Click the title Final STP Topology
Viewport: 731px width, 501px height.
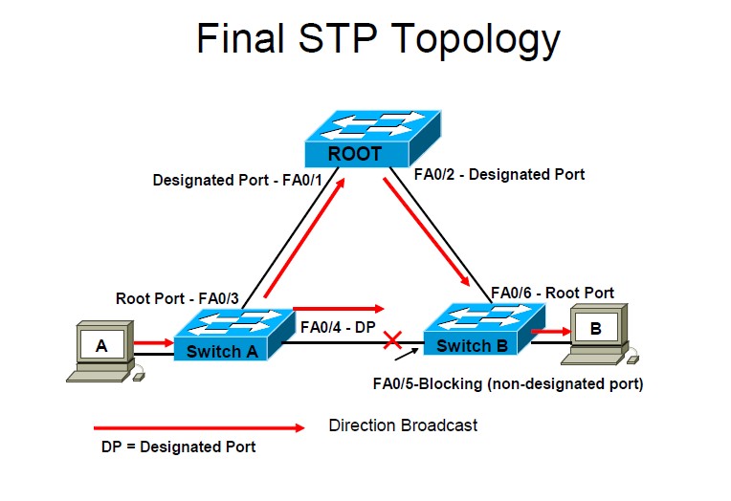click(378, 39)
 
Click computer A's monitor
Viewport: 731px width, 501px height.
click(101, 345)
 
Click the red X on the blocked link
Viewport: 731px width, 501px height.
click(390, 339)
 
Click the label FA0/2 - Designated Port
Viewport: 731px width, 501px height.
click(498, 174)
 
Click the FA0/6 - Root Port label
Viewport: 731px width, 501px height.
click(552, 293)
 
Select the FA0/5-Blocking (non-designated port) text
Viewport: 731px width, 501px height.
click(507, 384)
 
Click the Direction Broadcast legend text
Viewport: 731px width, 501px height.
click(403, 425)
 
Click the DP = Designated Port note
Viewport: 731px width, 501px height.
click(179, 447)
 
